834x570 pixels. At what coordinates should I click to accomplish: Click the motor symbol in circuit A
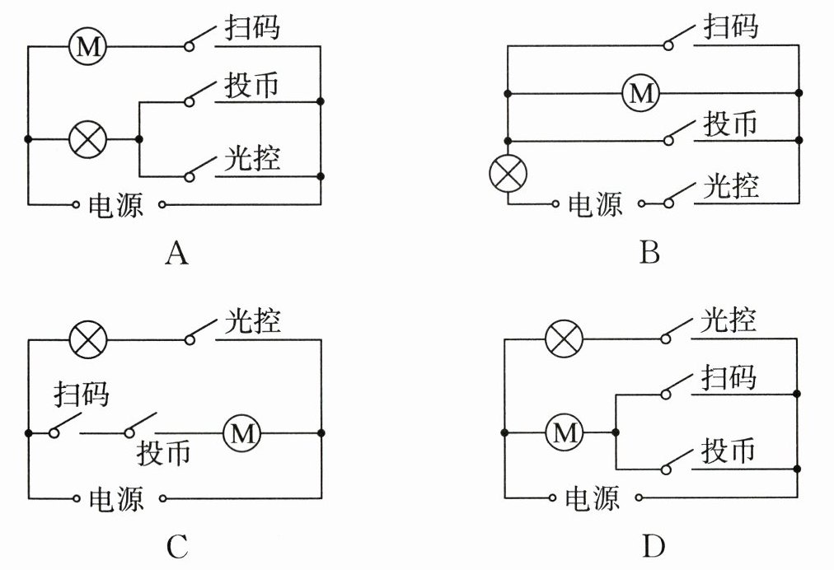[x=87, y=47]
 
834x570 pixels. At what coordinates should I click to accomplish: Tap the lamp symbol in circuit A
[x=87, y=139]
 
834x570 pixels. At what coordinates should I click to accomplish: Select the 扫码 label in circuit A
[x=252, y=29]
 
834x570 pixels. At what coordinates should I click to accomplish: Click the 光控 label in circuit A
[x=252, y=158]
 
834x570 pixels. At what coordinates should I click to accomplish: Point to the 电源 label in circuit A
[x=115, y=204]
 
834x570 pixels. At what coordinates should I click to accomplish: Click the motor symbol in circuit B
[x=640, y=93]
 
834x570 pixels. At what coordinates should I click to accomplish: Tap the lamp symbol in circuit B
[x=508, y=173]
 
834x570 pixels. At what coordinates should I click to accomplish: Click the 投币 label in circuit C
[x=164, y=452]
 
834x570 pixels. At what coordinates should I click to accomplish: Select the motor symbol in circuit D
[x=565, y=432]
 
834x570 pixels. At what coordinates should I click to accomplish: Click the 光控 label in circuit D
[x=729, y=320]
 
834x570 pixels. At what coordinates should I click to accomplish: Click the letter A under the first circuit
[x=176, y=253]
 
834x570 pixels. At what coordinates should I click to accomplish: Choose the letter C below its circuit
[x=176, y=546]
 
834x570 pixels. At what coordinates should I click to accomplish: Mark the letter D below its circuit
[x=652, y=546]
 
